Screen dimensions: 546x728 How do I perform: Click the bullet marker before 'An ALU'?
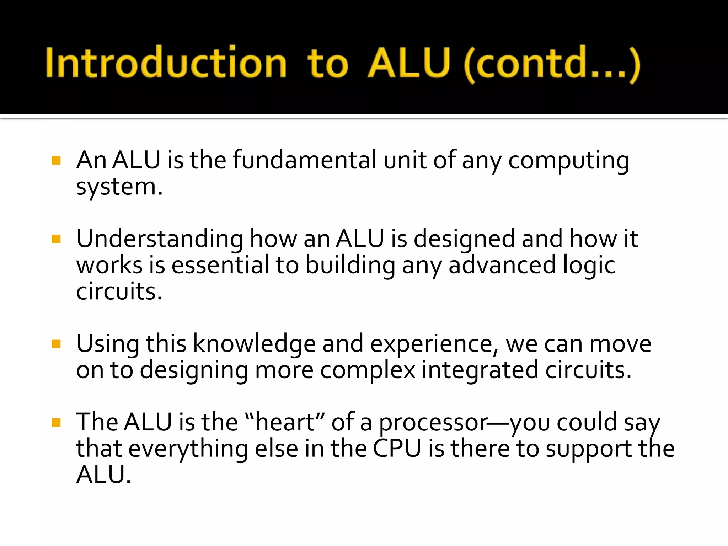point(56,160)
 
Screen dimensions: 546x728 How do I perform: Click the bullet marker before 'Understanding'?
point(56,239)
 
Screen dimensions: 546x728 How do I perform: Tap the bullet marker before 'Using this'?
point(56,344)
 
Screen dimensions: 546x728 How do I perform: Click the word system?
point(119,187)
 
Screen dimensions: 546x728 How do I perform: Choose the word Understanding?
point(160,239)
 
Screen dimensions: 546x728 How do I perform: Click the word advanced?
point(502,265)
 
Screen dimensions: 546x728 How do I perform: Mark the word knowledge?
point(254,344)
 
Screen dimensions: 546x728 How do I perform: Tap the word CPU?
point(397,449)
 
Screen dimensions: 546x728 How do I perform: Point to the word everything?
point(188,449)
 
